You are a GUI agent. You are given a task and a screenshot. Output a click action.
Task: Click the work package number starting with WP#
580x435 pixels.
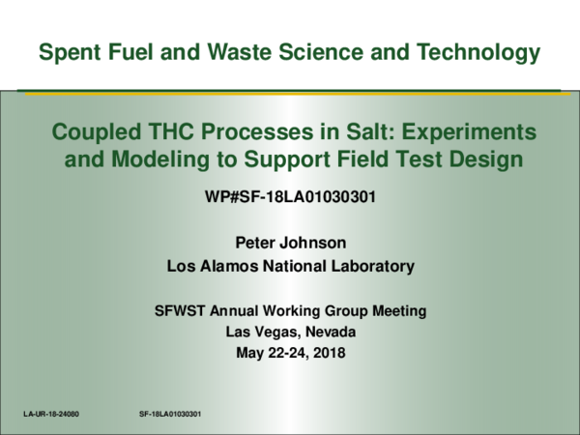click(x=290, y=198)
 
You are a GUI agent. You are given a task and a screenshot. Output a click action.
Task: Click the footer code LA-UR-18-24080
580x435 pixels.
click(x=51, y=414)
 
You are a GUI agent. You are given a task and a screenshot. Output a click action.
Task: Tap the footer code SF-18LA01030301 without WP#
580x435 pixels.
click(x=170, y=414)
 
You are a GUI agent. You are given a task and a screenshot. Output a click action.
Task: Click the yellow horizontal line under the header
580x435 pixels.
click(x=290, y=94)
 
